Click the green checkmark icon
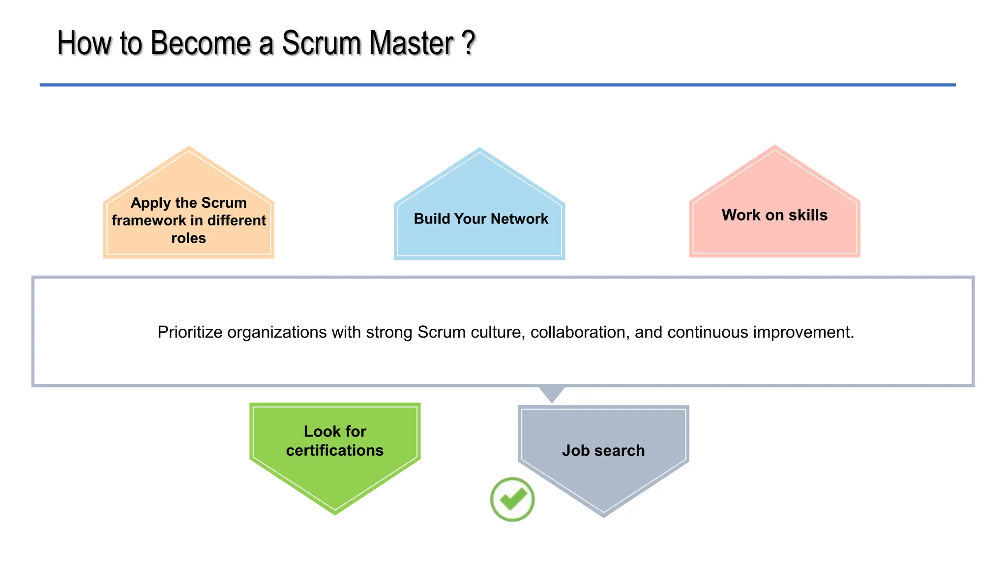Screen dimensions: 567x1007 tap(512, 499)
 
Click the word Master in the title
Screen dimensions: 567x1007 tap(411, 43)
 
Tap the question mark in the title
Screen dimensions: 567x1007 tap(469, 43)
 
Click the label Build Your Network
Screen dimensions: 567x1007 tap(480, 219)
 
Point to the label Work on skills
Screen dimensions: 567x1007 tap(774, 215)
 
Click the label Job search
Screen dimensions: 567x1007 tap(603, 450)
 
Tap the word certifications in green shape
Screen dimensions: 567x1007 tap(334, 450)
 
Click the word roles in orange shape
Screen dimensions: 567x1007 tap(188, 238)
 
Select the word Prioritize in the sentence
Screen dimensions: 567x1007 tap(190, 332)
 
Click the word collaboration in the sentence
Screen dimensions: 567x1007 tap(580, 332)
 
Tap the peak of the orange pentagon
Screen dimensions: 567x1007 tap(189, 148)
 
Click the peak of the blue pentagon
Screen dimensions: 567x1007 tap(479, 149)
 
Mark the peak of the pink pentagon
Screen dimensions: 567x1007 tap(775, 147)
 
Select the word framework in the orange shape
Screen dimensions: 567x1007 tap(148, 220)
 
